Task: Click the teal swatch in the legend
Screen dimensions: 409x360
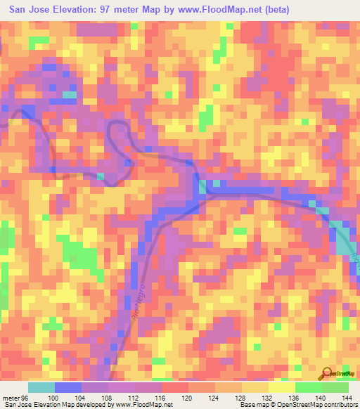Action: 41,387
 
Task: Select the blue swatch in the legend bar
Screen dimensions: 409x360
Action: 68,387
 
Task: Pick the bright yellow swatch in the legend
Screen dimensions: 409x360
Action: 281,387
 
